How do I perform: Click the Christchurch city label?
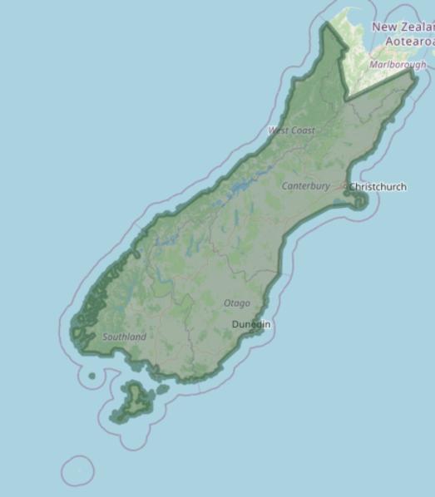pyautogui.click(x=378, y=187)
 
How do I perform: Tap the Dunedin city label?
pyautogui.click(x=251, y=323)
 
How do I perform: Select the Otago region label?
pyautogui.click(x=236, y=303)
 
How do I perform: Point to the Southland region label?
pyautogui.click(x=124, y=337)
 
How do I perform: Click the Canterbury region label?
pyautogui.click(x=305, y=186)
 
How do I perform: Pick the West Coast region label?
pyautogui.click(x=291, y=130)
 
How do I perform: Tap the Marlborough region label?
pyautogui.click(x=398, y=64)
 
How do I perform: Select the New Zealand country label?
pyautogui.click(x=403, y=27)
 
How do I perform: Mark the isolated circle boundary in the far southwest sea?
pyautogui.click(x=78, y=471)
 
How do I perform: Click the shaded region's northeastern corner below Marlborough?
pyautogui.click(x=413, y=72)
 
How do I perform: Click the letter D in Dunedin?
pyautogui.click(x=235, y=323)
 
